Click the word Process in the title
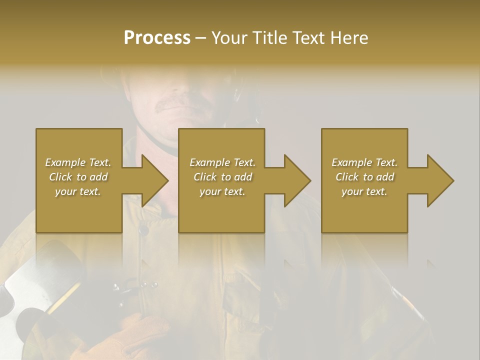click(x=157, y=38)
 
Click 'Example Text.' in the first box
click(x=78, y=162)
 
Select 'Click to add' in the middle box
click(x=222, y=177)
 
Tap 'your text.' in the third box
click(x=364, y=191)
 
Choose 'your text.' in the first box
click(x=78, y=191)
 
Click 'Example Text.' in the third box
click(x=364, y=162)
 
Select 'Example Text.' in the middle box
click(x=222, y=162)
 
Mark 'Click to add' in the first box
click(x=78, y=177)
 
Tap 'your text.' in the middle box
click(x=222, y=191)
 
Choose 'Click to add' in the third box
click(x=364, y=177)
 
